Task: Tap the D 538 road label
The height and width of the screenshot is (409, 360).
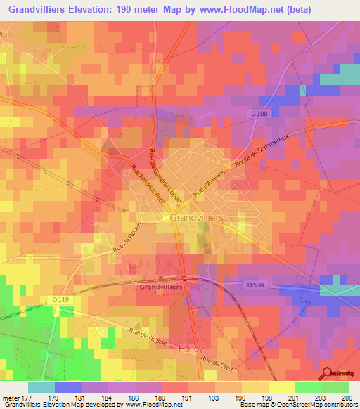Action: (x=257, y=285)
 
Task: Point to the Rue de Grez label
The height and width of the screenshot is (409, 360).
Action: (x=216, y=363)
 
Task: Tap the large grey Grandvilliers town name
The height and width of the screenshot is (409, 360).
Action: (x=197, y=219)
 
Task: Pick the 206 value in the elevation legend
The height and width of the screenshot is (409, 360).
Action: (x=345, y=397)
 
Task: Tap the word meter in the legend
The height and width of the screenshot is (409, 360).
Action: (x=11, y=397)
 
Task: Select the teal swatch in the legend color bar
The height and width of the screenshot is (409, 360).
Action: (x=41, y=387)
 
